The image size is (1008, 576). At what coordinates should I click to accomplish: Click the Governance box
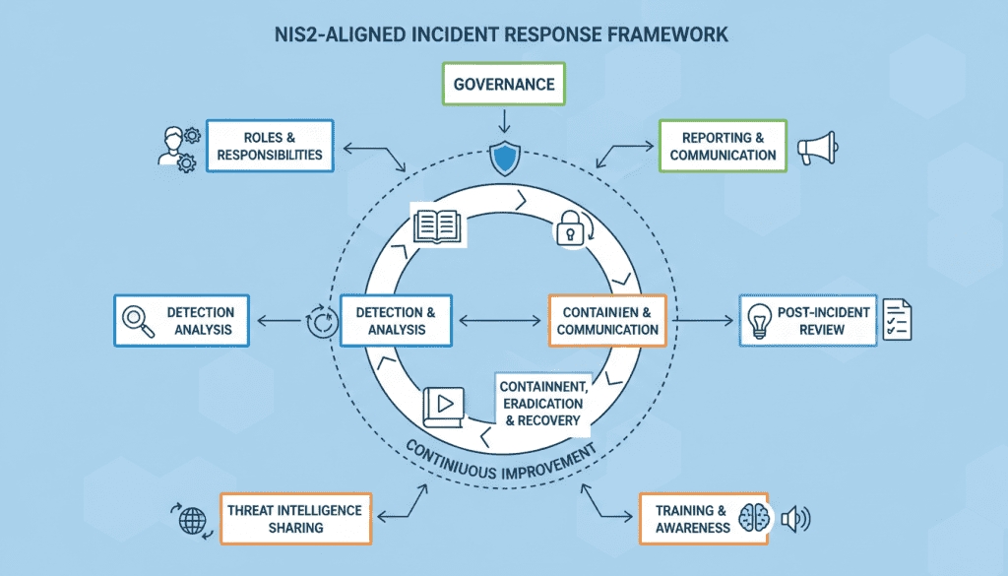pyautogui.click(x=504, y=85)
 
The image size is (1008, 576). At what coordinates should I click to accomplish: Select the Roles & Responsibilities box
pyautogui.click(x=269, y=146)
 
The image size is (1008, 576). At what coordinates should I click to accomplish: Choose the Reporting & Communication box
pyautogui.click(x=723, y=146)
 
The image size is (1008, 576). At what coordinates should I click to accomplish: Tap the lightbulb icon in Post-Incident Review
pyautogui.click(x=759, y=321)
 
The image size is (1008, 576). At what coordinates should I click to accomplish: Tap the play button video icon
pyautogui.click(x=443, y=404)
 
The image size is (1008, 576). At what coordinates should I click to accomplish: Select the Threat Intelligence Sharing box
pyautogui.click(x=294, y=518)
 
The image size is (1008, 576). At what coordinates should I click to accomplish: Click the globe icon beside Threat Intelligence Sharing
pyautogui.click(x=190, y=519)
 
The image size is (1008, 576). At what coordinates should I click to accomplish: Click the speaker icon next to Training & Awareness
pyautogui.click(x=793, y=519)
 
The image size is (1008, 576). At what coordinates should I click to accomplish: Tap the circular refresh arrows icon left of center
pyautogui.click(x=321, y=322)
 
